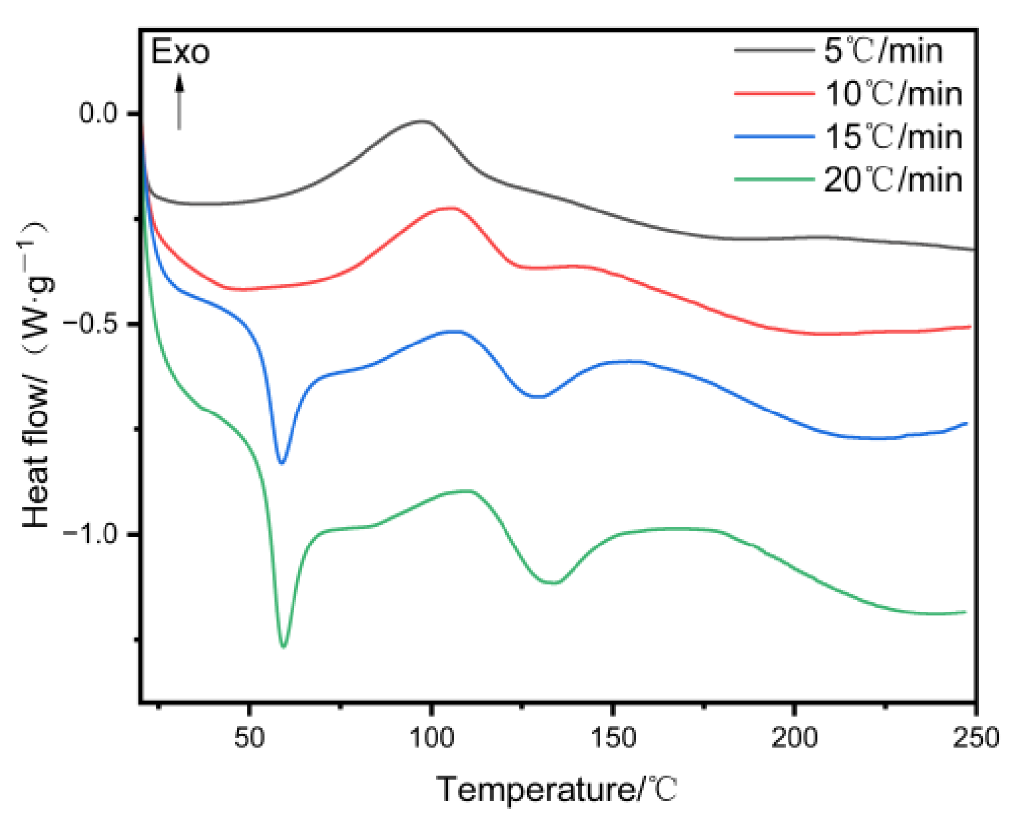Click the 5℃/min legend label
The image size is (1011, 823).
883,51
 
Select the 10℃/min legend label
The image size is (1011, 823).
893,94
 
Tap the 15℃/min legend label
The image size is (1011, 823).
893,137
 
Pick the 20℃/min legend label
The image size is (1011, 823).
893,180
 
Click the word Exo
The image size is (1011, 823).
180,53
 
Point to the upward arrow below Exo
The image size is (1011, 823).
179,102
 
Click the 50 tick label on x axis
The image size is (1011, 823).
249,738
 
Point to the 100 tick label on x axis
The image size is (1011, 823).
431,738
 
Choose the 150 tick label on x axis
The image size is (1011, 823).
613,738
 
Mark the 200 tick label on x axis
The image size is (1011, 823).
795,738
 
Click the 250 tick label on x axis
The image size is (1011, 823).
976,738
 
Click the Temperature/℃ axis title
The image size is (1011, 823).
557,789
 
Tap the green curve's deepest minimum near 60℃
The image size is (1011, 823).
283,646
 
